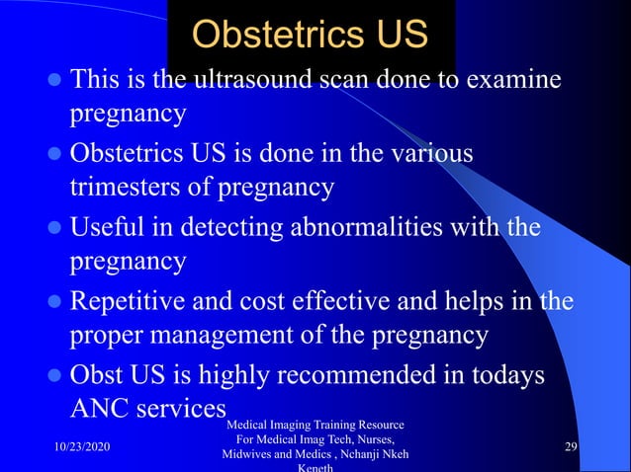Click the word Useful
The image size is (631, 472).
click(x=105, y=229)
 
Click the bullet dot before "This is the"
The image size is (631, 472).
click(x=53, y=80)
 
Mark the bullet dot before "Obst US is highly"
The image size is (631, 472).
click(x=53, y=376)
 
